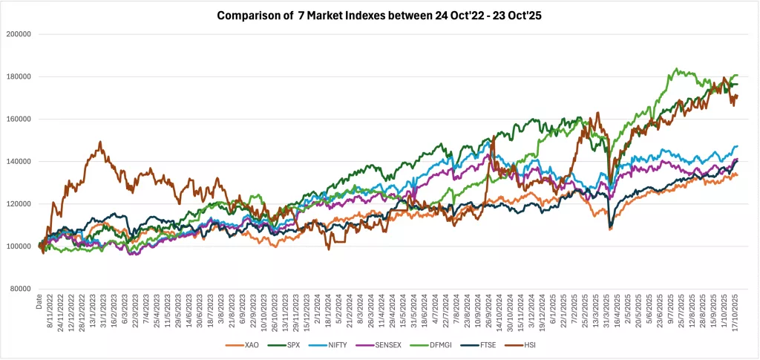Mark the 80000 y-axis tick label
point(22,289)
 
